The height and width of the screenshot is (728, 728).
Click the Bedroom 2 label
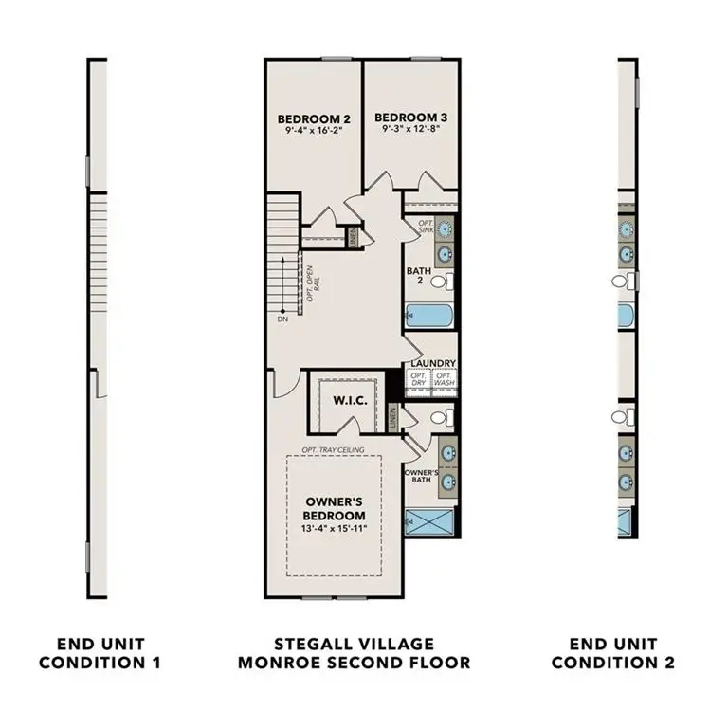pos(314,119)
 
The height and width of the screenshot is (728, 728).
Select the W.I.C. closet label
pos(344,400)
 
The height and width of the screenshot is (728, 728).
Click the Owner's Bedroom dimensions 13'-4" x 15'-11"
pos(335,529)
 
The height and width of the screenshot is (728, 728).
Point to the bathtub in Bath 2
pos(429,316)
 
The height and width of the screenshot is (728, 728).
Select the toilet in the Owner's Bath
pos(441,417)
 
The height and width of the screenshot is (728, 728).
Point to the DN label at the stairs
pos(282,319)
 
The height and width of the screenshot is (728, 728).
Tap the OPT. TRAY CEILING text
pos(335,449)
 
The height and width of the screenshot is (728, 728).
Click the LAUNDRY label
pos(434,363)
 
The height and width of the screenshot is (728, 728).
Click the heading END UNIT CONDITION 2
pos(612,653)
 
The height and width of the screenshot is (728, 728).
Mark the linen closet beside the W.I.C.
pos(393,415)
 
